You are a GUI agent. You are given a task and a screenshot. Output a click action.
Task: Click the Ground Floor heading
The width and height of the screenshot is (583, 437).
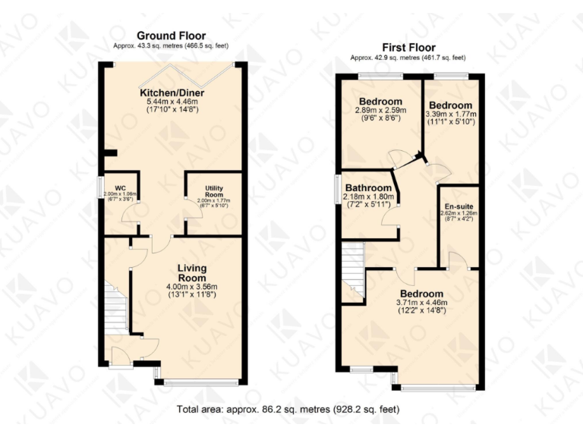pos(171,36)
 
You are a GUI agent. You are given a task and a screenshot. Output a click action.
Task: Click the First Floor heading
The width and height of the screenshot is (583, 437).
pos(407,47)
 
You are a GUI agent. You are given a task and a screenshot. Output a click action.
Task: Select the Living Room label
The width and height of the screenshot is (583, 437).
pos(192,273)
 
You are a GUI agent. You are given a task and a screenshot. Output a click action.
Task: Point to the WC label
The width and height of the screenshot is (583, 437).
pos(119,187)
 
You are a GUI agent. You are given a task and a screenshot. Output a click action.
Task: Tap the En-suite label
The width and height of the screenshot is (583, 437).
pos(458,205)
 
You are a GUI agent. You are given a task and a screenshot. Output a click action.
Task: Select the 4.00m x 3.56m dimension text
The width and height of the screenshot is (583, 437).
pos(192,286)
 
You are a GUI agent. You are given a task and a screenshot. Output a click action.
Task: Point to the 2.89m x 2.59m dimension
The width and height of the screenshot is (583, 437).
pos(380,111)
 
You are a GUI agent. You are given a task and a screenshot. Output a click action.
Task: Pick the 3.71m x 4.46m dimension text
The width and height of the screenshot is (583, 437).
pos(421,302)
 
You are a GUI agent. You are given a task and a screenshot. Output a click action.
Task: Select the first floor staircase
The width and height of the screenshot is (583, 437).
pos(353,270)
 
